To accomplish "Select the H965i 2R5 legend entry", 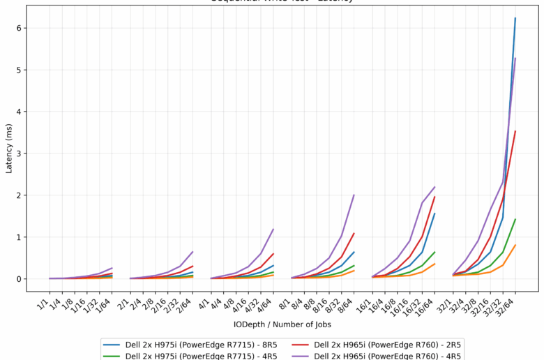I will (x=387, y=344).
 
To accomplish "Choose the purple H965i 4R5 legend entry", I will (x=387, y=356).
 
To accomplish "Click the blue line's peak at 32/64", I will (x=515, y=18).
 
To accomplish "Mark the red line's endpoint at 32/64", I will (x=515, y=131).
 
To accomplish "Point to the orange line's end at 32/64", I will (x=515, y=246).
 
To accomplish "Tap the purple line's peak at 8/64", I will (x=354, y=195).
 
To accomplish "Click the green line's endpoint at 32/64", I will (x=515, y=220).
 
